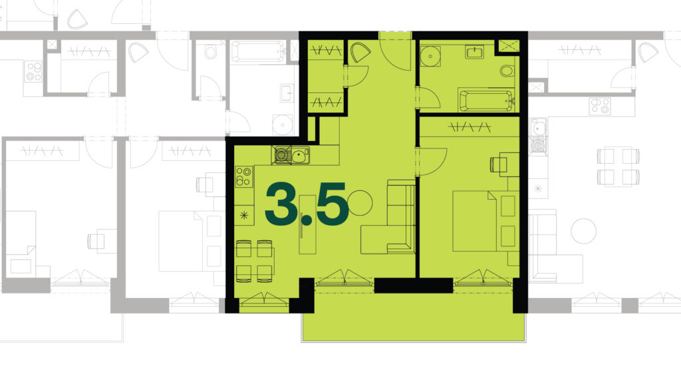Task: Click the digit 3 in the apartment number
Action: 281,204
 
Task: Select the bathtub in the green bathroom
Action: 486,100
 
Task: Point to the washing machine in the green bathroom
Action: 430,56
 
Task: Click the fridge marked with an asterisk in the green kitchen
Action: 245,214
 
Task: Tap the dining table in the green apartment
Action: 255,261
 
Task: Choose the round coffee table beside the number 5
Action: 360,203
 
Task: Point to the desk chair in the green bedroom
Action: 495,164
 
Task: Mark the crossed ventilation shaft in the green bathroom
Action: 507,47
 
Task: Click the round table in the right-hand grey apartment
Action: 583,231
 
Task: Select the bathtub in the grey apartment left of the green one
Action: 257,52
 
